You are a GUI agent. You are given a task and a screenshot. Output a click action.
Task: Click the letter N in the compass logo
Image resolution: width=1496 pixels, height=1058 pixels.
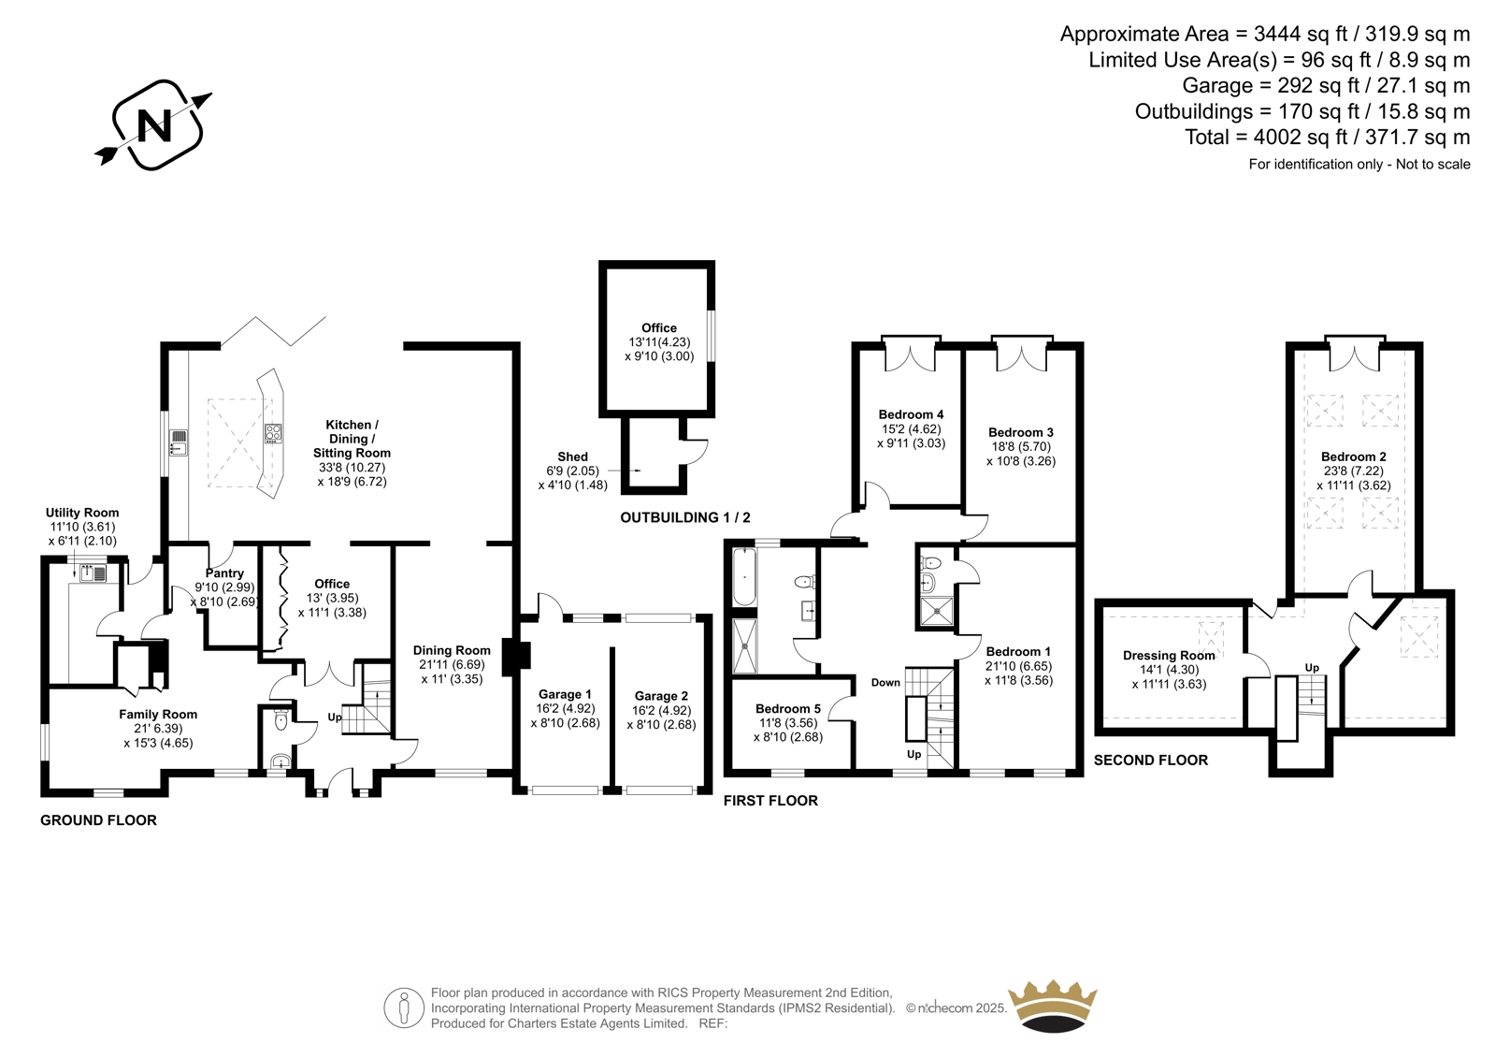154,125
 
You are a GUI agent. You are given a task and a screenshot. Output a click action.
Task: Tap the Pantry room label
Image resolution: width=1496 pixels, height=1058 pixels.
224,572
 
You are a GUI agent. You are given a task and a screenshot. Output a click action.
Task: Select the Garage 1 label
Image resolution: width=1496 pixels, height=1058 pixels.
565,694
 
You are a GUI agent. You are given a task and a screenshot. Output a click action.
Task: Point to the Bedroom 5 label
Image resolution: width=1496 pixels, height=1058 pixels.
788,708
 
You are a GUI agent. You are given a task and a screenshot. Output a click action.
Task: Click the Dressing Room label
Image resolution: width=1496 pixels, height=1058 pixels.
1169,655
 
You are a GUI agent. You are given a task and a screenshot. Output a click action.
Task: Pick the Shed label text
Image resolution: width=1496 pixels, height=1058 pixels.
572,457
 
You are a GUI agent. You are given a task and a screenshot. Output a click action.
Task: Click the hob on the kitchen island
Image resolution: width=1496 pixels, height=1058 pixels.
273,433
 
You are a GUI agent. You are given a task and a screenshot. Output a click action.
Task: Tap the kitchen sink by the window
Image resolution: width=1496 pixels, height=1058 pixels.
179,442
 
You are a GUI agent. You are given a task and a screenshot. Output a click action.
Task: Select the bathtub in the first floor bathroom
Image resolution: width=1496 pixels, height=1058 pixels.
743,577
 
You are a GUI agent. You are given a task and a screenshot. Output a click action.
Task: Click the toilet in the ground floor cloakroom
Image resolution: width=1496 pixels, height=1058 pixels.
281,719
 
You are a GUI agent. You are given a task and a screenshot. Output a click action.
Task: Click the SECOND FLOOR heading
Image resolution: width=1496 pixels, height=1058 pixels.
1151,760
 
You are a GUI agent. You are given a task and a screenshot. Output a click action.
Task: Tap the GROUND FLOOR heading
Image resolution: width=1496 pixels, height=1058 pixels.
98,820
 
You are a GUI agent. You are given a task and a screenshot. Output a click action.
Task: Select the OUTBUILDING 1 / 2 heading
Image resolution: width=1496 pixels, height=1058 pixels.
685,517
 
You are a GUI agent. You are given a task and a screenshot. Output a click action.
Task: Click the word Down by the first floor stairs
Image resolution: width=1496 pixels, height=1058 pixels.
885,682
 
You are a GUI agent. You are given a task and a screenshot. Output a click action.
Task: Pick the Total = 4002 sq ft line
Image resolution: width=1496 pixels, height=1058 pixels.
1327,137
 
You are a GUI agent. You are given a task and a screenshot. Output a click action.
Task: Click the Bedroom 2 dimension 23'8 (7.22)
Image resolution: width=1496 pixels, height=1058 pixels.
1354,471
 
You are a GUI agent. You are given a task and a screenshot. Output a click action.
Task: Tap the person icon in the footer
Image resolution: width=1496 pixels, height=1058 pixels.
404,1007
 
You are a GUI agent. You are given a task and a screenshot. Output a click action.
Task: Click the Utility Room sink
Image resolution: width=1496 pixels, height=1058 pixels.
93,572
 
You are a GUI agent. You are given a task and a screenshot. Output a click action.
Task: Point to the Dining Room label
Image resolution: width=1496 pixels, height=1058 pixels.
452,650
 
